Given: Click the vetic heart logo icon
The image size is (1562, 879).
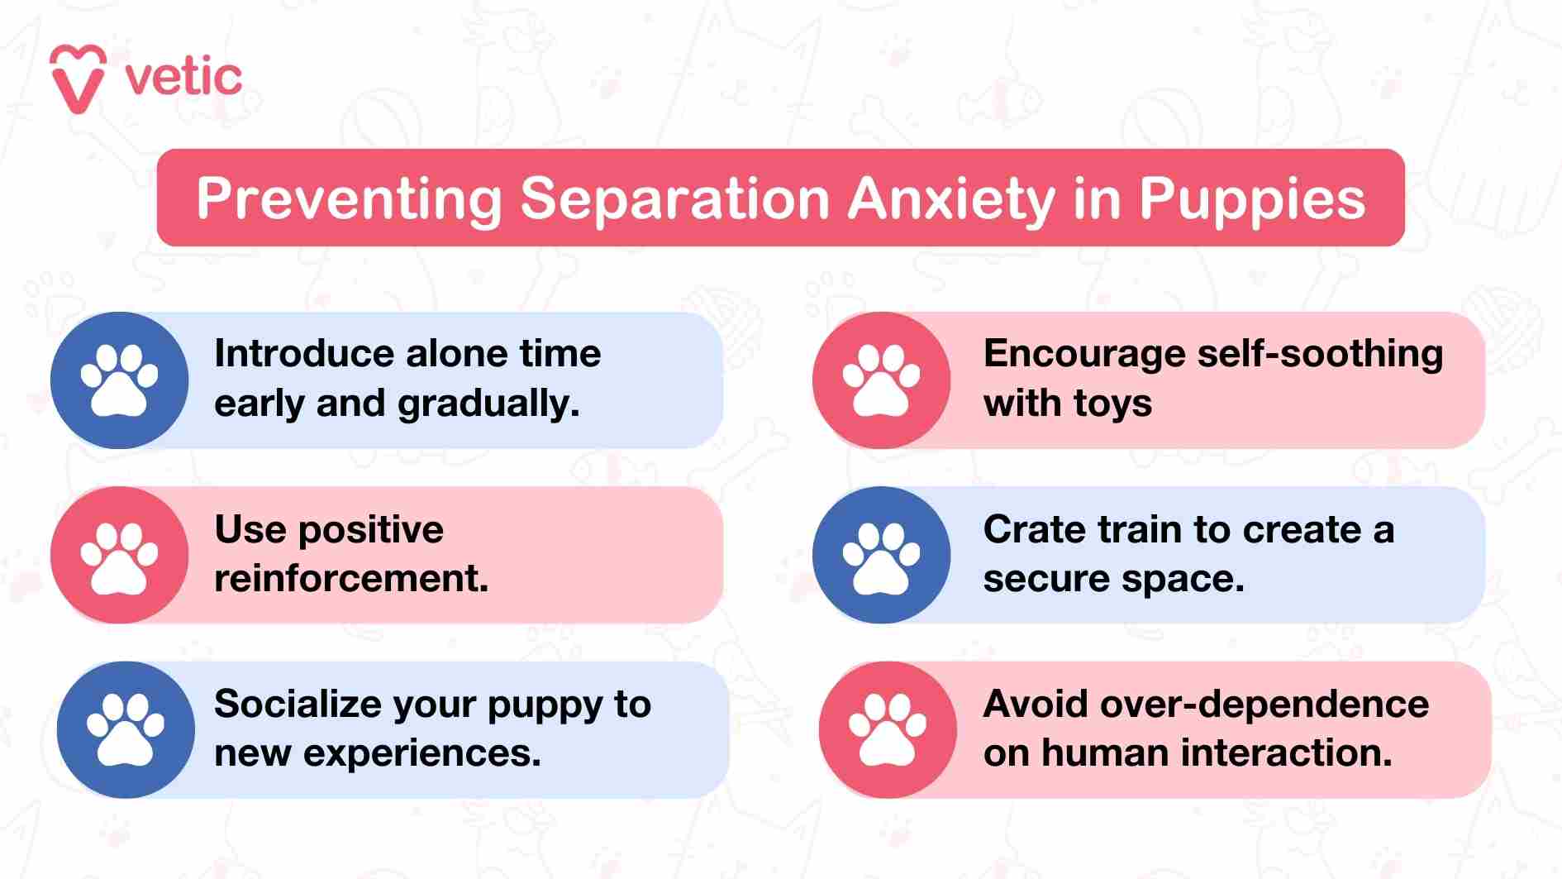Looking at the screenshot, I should point(78,79).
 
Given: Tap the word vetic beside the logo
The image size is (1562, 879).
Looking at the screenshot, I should point(183,79).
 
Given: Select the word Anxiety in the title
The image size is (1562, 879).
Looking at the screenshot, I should point(951,198).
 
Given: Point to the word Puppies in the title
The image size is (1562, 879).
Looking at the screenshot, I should point(1252,198).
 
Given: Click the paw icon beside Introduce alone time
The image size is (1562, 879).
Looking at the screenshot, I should point(119,380).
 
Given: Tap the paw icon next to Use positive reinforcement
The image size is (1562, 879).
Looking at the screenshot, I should point(119,556).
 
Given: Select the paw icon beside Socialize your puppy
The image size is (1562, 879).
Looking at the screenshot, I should point(126,729).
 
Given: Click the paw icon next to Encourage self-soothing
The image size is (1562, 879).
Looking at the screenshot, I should point(881,380).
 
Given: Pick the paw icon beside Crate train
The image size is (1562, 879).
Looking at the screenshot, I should point(881,556).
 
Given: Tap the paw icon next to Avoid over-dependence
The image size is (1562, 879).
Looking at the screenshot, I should point(888,729).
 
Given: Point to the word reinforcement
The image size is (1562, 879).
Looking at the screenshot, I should point(351,578).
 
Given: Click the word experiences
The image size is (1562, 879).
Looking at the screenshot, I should point(421,753).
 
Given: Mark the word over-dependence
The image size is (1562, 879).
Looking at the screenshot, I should point(1264,704).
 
